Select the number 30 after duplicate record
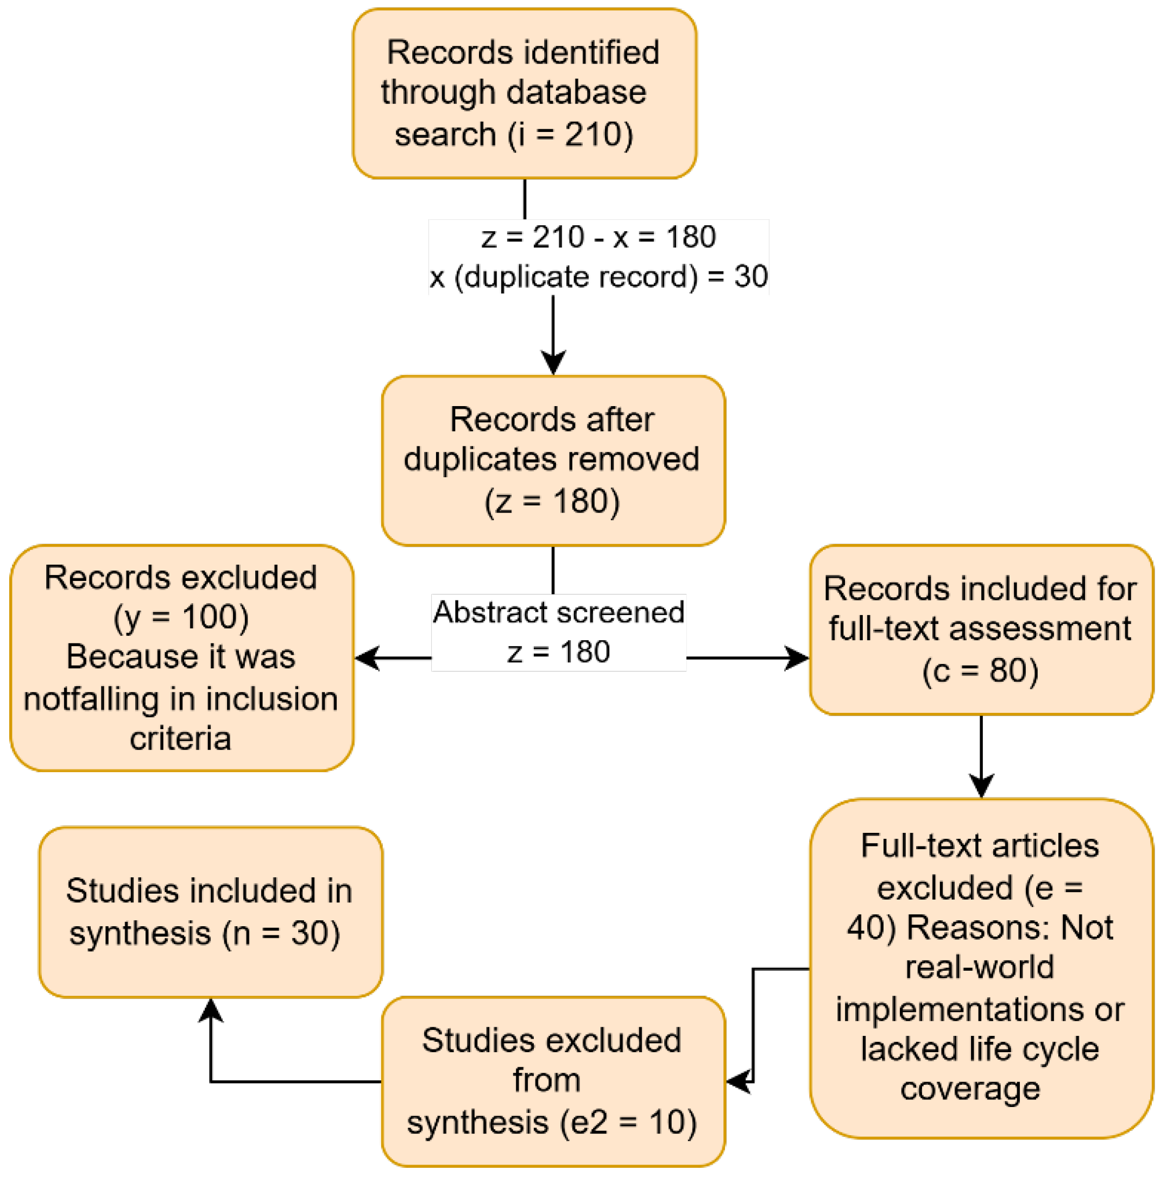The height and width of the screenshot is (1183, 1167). coord(750,276)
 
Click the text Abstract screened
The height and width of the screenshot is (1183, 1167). coord(558,612)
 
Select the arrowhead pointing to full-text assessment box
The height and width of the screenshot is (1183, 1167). coord(798,658)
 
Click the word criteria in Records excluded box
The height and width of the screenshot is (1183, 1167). coord(180,738)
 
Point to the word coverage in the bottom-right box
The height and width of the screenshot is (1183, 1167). coord(970,1089)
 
